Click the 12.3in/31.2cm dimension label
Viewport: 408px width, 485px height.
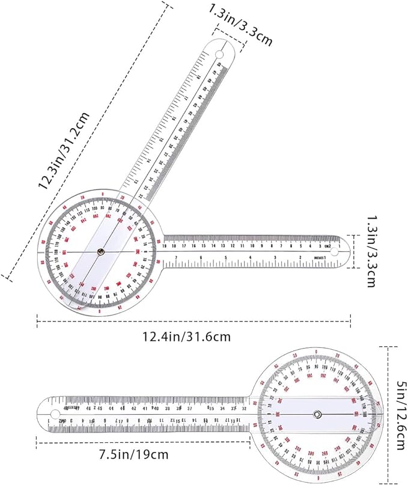[x=64, y=151]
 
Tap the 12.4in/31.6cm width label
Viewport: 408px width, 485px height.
[x=194, y=337]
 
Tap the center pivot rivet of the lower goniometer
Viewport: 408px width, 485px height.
[x=317, y=413]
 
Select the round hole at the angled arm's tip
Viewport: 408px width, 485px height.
[x=219, y=55]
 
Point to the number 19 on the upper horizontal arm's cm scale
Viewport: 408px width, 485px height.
[x=164, y=245]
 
